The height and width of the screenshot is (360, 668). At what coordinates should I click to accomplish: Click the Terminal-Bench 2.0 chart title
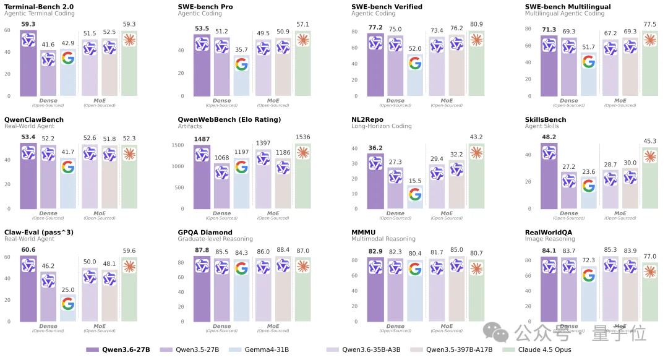[x=38, y=6]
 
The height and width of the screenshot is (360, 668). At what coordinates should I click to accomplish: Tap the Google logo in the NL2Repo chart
[x=415, y=194]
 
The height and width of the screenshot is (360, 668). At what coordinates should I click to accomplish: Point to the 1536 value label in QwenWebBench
[x=302, y=137]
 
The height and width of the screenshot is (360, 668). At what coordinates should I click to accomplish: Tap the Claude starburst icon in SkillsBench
[x=649, y=156]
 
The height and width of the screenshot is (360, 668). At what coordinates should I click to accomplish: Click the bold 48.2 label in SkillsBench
[x=549, y=137]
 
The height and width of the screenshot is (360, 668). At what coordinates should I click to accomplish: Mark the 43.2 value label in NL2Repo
[x=476, y=137]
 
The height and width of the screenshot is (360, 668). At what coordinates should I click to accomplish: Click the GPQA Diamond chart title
[x=205, y=233]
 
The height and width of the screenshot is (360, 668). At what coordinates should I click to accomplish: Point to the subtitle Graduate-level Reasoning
[x=215, y=239]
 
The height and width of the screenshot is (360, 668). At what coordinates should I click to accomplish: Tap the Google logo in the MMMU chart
[x=415, y=268]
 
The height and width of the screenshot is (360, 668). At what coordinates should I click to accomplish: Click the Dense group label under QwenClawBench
[x=48, y=213]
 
